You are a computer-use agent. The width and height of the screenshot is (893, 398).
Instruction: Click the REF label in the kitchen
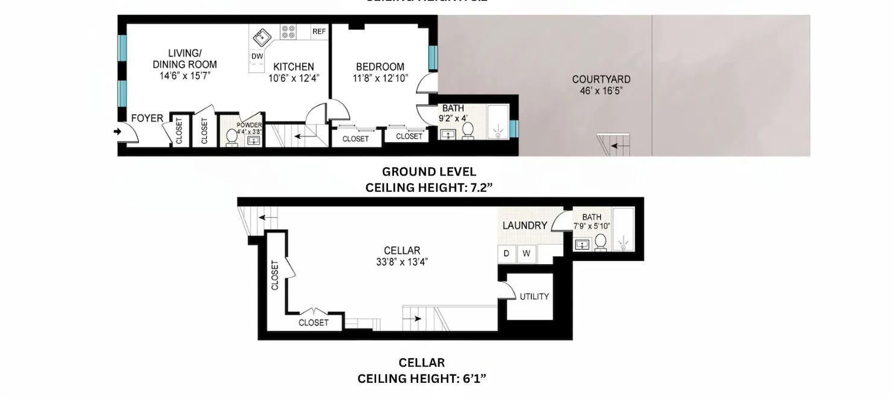[319, 31]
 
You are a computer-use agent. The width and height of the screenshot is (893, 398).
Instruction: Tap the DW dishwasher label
[256, 56]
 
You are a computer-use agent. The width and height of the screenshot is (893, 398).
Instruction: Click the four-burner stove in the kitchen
[288, 31]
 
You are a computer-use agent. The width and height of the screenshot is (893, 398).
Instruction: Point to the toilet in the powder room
[231, 137]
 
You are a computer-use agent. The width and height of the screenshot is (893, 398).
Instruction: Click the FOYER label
[147, 118]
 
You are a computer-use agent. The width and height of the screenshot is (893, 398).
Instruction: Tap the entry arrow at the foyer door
[117, 130]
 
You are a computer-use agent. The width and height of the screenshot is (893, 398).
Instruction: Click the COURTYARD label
[601, 80]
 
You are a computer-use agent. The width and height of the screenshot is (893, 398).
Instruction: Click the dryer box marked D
[506, 253]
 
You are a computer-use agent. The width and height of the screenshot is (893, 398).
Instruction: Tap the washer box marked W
[526, 253]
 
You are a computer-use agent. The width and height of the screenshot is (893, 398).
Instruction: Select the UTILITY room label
[535, 297]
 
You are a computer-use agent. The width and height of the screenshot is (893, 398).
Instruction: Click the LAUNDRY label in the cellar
[525, 226]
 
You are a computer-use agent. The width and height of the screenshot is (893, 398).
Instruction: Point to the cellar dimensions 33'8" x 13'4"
[402, 262]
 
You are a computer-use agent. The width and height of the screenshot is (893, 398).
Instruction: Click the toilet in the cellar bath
[600, 242]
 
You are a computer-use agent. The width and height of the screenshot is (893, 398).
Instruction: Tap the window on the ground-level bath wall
[513, 128]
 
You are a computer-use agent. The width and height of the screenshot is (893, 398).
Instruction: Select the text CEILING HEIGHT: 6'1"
[422, 379]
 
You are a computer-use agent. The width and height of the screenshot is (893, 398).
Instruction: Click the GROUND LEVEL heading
[429, 172]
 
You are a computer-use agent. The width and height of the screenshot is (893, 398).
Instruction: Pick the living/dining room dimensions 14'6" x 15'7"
[185, 75]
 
